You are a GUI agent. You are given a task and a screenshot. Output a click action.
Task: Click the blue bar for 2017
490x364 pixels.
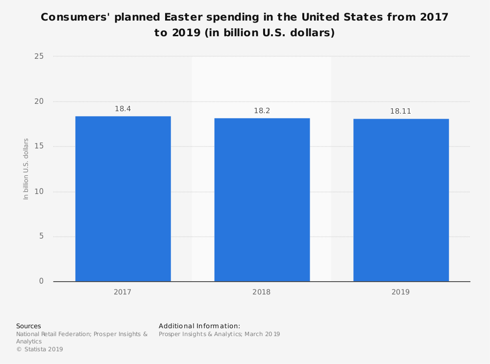coord(123,198)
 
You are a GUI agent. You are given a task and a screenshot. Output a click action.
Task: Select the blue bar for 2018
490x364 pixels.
coord(262,199)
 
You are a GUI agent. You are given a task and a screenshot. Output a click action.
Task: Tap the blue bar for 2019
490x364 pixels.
coord(401,200)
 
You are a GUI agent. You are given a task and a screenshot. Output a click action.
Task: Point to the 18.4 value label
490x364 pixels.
coord(123,109)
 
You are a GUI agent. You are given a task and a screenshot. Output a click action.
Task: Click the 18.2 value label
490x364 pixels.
coord(262,111)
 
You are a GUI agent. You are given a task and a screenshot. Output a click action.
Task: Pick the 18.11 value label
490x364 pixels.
coord(400,111)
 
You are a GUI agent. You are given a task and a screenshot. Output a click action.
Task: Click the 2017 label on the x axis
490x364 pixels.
coord(122,292)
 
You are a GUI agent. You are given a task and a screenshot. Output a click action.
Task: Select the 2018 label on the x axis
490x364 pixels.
coord(262,292)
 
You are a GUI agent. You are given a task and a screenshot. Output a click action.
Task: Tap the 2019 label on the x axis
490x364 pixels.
coord(400,292)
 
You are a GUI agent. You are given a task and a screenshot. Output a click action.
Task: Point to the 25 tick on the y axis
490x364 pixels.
coord(39,56)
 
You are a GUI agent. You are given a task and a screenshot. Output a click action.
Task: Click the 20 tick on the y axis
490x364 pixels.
coord(39,101)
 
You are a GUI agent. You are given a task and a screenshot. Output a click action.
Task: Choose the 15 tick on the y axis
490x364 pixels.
coord(39,146)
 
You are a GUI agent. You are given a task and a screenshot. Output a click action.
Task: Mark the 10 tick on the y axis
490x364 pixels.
coord(39,192)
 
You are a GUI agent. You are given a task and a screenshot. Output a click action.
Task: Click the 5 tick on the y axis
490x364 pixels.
coord(41,236)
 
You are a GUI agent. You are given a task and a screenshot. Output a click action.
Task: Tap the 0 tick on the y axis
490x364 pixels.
coord(41,281)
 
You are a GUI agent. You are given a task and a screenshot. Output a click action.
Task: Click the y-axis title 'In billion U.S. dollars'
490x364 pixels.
coord(26,169)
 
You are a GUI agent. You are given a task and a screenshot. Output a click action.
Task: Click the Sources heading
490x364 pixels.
coord(28,326)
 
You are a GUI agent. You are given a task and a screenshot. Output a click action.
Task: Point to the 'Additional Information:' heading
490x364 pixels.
coord(199,326)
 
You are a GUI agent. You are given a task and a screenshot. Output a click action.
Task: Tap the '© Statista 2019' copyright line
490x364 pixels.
coord(40,349)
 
